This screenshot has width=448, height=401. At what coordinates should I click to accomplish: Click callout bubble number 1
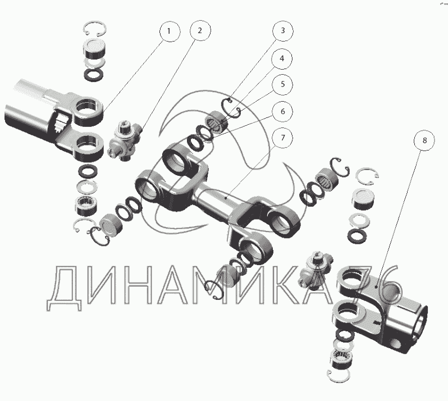click(x=170, y=31)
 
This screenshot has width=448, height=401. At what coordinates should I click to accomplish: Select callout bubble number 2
click(x=200, y=30)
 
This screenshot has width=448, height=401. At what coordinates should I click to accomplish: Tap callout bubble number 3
click(x=283, y=30)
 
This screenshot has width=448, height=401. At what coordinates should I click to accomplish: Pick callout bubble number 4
click(x=282, y=58)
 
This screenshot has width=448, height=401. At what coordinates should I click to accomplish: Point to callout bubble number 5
click(x=282, y=85)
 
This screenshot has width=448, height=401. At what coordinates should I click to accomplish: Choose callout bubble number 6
click(x=282, y=111)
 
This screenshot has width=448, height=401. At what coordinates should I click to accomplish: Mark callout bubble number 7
click(x=282, y=138)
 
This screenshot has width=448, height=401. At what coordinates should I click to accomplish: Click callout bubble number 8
click(x=424, y=140)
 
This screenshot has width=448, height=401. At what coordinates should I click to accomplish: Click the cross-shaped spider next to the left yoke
click(x=125, y=140)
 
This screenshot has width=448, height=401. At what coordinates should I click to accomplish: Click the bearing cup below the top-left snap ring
click(x=94, y=49)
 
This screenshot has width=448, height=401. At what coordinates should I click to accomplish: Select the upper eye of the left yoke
click(x=88, y=111)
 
